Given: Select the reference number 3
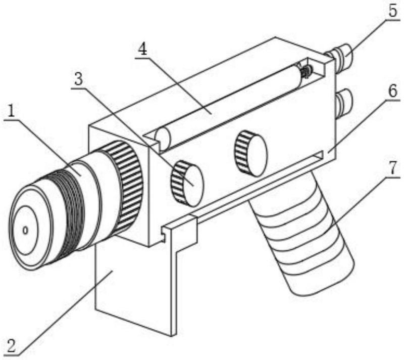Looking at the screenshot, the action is pyautogui.click(x=79, y=79).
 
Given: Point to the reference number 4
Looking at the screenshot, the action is pyautogui.click(x=142, y=49).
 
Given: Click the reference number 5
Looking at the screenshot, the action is pyautogui.click(x=393, y=11).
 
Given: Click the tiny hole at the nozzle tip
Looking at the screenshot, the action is pyautogui.click(x=25, y=230).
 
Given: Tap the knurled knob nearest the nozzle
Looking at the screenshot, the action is pyautogui.click(x=187, y=184).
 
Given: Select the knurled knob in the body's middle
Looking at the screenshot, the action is pyautogui.click(x=250, y=153).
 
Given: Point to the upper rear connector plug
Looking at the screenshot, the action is pyautogui.click(x=339, y=55).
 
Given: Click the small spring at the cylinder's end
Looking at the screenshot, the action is pyautogui.click(x=306, y=70).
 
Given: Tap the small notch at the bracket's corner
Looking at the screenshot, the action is pyautogui.click(x=163, y=234).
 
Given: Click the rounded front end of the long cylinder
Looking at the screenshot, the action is pyautogui.click(x=162, y=139).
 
